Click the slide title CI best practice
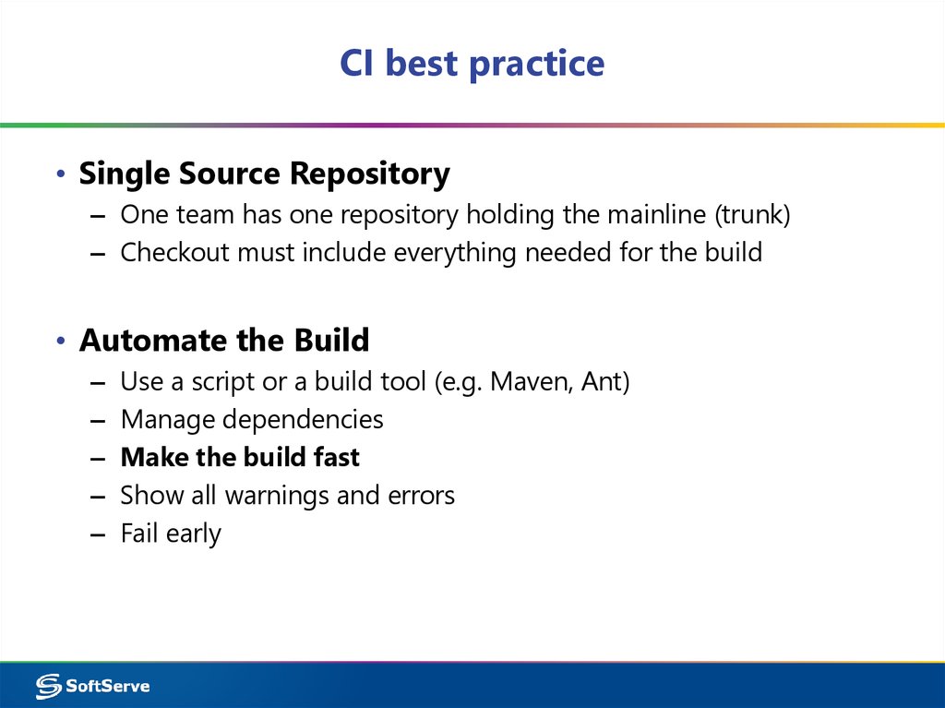tap(472, 65)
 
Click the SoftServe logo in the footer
tap(92, 685)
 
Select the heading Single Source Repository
tap(264, 174)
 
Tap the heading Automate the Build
tap(224, 341)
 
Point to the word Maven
tap(531, 381)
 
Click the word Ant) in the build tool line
tap(605, 381)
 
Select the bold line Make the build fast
tap(240, 457)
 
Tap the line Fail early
tap(171, 534)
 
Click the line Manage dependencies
tap(251, 420)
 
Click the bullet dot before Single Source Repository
tap(60, 175)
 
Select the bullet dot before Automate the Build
tap(60, 342)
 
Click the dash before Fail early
tap(99, 534)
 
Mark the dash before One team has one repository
tap(99, 216)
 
